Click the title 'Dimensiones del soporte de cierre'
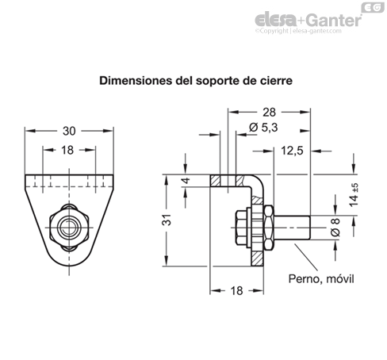click(x=193, y=80)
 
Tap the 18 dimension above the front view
click(x=67, y=149)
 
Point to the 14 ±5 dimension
click(x=354, y=192)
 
